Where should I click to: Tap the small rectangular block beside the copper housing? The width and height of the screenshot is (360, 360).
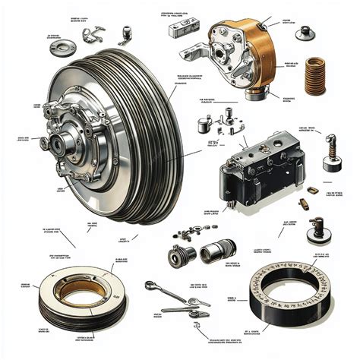point(183,28)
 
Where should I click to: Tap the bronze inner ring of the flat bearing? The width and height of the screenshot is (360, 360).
point(75,292)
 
